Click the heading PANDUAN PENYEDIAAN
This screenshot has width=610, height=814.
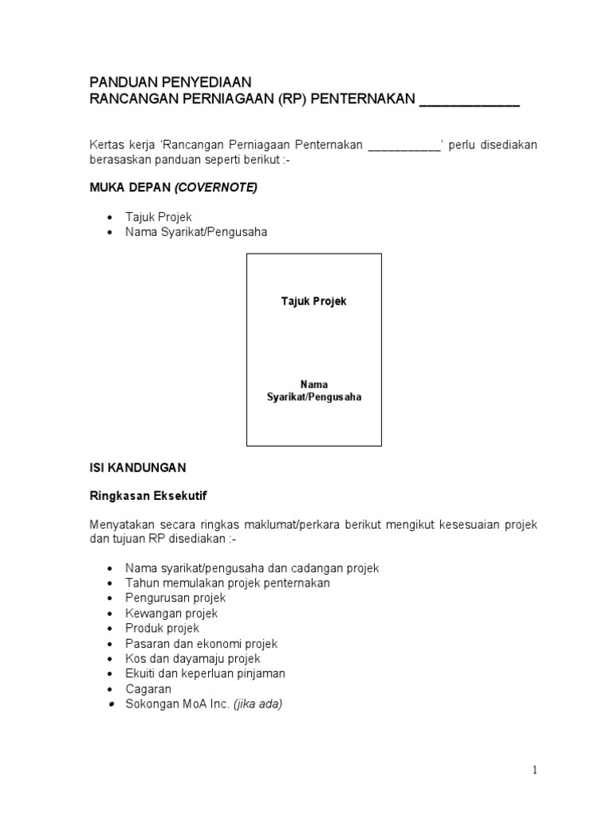tap(169, 83)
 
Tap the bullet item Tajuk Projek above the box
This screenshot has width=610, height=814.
tap(158, 217)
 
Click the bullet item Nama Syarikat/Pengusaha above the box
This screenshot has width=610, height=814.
tap(195, 232)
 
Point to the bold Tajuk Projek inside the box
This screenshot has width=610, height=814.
tap(314, 302)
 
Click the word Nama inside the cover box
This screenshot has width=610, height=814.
tap(314, 384)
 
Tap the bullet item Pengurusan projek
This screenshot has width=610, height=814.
tap(175, 598)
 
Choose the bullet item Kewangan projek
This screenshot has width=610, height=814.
tap(171, 613)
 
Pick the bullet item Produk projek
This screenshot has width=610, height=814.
tap(162, 628)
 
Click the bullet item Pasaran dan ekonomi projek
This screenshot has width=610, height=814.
tap(201, 643)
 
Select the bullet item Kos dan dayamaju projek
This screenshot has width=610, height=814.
tap(192, 658)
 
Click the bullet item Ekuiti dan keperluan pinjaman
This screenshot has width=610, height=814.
tap(205, 673)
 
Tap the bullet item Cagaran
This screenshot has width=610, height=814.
tap(148, 688)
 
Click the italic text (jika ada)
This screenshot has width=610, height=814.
tap(257, 704)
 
